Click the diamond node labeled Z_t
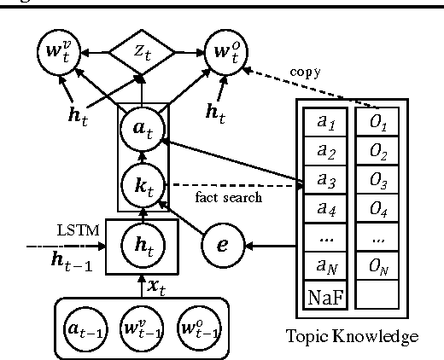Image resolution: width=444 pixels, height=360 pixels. tap(141, 52)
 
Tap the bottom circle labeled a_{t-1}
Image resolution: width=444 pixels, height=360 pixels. tap(86, 326)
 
